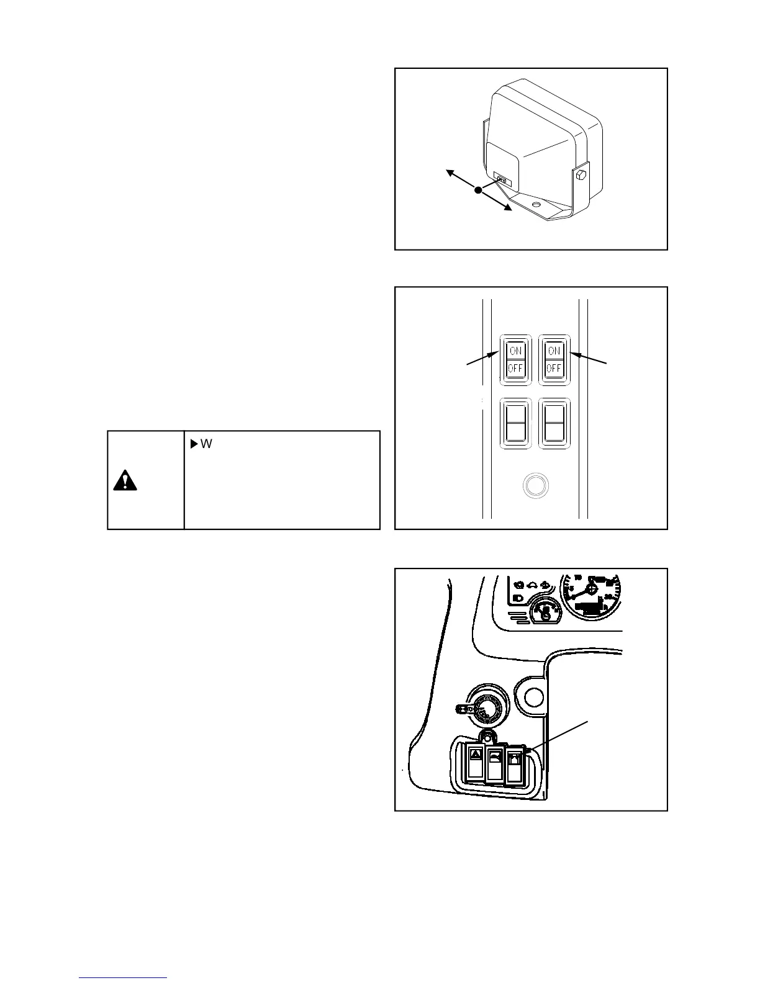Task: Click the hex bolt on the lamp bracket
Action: pyautogui.click(x=582, y=175)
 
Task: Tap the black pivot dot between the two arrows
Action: pyautogui.click(x=478, y=191)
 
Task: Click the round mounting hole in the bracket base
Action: pyautogui.click(x=536, y=204)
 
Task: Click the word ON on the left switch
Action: pyautogui.click(x=515, y=351)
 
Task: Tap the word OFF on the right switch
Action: pyautogui.click(x=553, y=368)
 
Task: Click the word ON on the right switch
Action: pyautogui.click(x=553, y=351)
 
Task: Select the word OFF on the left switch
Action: pyautogui.click(x=515, y=368)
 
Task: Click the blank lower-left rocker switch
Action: pyautogui.click(x=515, y=423)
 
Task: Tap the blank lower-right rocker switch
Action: pyautogui.click(x=553, y=423)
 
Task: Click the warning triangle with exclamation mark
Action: pyautogui.click(x=125, y=481)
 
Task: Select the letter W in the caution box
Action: pyautogui.click(x=207, y=444)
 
